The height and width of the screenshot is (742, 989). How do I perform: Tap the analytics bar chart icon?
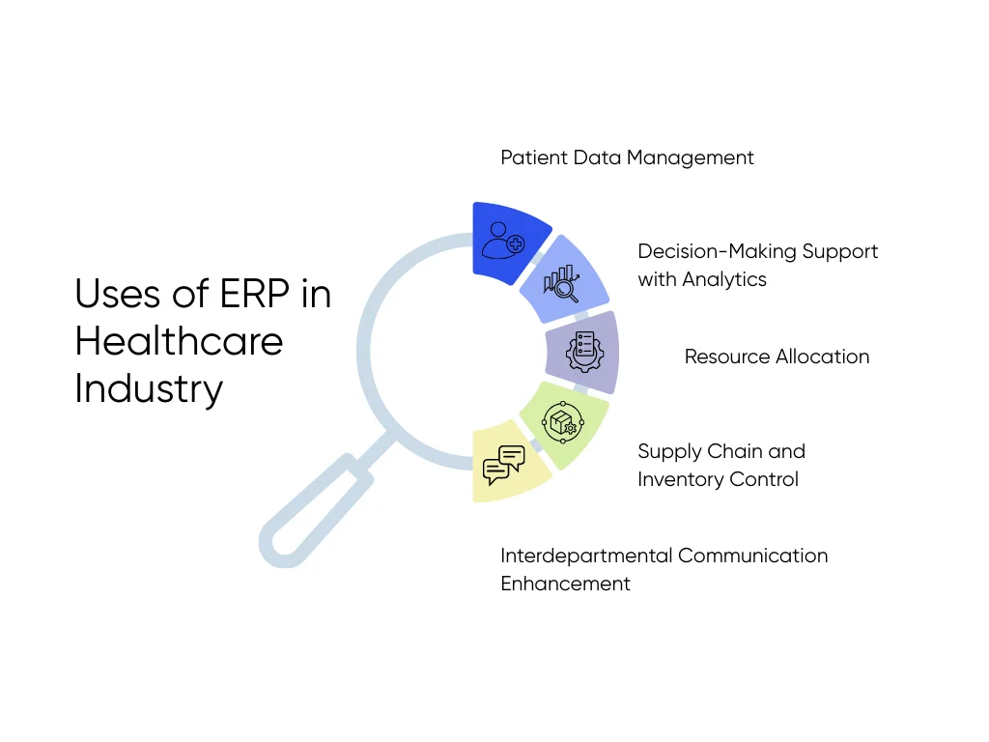click(561, 280)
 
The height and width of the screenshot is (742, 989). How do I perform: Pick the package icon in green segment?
click(561, 422)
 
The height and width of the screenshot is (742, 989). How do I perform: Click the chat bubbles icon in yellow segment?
click(503, 465)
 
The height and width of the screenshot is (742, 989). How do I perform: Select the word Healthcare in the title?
click(179, 341)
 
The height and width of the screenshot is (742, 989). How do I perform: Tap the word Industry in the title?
click(149, 388)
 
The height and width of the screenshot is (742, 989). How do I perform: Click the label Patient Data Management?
click(627, 157)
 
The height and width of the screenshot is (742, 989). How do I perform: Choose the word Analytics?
click(723, 279)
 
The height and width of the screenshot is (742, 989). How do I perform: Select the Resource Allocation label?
click(777, 357)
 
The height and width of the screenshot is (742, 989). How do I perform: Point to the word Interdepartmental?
click(586, 556)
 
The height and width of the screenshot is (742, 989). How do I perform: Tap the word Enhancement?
click(565, 584)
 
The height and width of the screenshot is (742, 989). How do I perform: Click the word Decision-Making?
click(717, 251)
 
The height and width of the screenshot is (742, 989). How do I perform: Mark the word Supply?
click(669, 451)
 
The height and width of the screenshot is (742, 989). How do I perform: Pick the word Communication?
click(753, 556)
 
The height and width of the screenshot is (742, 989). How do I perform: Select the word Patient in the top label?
click(533, 157)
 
